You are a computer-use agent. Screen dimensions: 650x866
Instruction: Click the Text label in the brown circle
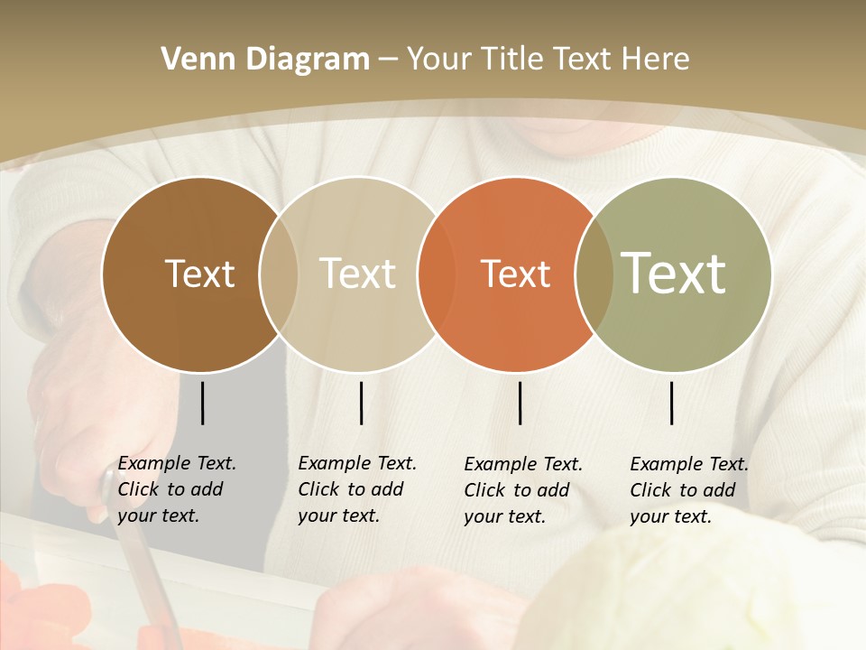199,274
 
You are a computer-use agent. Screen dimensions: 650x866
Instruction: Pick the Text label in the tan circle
358,274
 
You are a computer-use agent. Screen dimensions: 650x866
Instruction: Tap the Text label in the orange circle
516,274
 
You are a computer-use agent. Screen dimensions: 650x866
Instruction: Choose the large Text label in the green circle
674,273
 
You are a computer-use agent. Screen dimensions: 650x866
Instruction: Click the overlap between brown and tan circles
279,274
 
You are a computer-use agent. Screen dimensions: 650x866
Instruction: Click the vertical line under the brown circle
202,403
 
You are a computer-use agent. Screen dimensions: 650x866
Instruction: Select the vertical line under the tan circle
361,403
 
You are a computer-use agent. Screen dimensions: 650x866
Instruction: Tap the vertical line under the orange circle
521,403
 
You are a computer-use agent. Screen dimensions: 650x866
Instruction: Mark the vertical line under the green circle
672,403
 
